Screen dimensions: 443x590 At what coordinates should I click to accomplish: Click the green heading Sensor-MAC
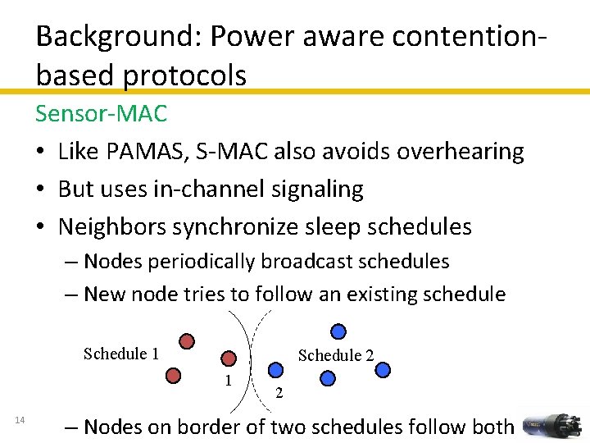point(101,113)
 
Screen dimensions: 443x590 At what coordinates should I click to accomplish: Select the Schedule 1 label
point(121,354)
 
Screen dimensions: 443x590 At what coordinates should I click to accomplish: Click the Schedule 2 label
point(336,355)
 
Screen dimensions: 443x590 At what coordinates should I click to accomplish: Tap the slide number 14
point(20,421)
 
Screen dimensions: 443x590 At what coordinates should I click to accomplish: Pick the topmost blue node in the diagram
point(338,331)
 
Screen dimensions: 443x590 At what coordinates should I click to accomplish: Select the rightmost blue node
point(382,370)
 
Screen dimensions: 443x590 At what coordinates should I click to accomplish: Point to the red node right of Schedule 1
point(188,341)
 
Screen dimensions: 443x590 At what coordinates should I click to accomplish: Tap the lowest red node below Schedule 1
point(173,376)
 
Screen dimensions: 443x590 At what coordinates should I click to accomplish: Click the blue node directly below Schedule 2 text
point(328,378)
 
